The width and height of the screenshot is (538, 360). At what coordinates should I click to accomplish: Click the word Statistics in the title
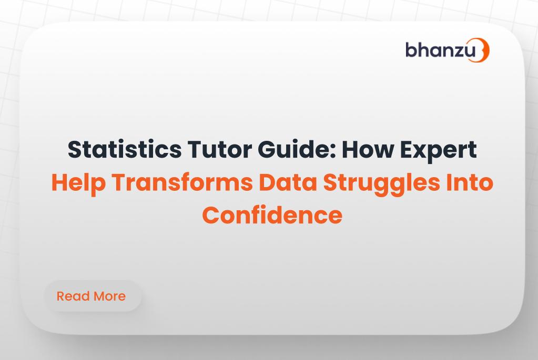(x=124, y=150)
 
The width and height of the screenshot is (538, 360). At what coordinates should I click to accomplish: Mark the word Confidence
(x=272, y=215)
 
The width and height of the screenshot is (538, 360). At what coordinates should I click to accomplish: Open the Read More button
(x=92, y=296)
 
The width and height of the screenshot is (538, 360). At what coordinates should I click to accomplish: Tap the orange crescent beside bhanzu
(x=483, y=50)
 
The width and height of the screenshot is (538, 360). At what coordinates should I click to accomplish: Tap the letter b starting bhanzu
(x=411, y=49)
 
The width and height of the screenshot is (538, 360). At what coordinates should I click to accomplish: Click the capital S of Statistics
(x=75, y=150)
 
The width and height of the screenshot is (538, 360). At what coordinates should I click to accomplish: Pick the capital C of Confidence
(x=211, y=215)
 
